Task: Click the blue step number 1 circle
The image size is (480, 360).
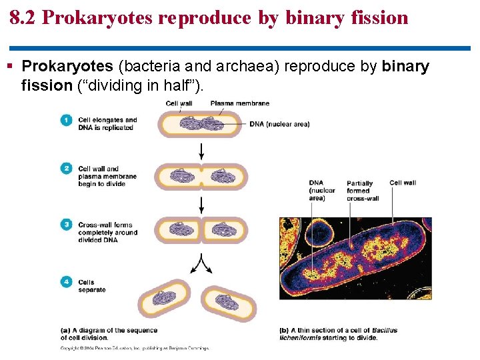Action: coord(66,121)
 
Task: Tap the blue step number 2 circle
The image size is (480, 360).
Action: coord(66,169)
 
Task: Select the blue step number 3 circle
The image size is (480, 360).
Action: coord(66,225)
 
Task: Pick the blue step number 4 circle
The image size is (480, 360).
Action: coord(66,282)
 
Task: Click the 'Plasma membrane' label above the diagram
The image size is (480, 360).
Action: coord(239,103)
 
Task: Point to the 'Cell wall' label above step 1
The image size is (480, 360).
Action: coord(179,103)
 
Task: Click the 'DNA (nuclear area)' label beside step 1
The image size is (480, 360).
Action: coord(280,124)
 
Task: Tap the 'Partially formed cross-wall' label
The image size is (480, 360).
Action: coord(360,191)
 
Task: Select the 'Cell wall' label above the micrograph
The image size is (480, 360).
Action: coord(403,183)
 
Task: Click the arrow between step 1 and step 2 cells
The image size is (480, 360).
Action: coord(201,151)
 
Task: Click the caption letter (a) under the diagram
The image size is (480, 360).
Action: coord(65,330)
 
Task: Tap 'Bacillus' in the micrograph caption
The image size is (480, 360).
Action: coord(385,330)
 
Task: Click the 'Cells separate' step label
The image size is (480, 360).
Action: coord(91,286)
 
